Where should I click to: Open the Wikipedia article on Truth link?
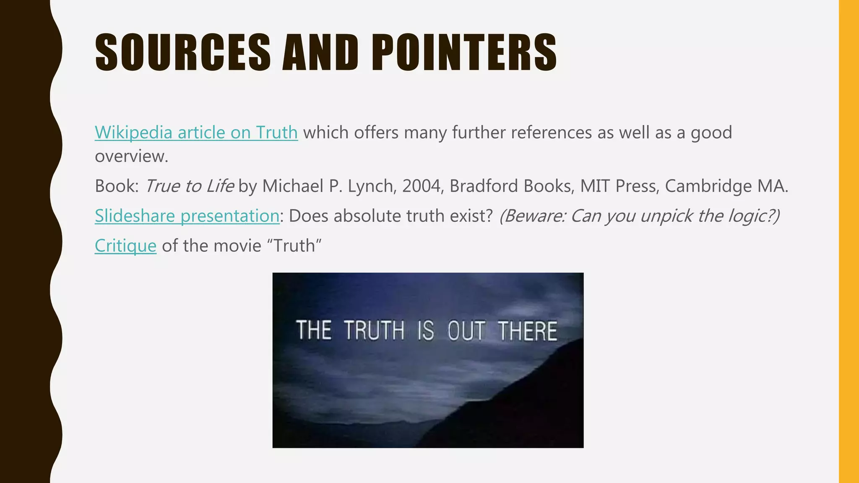click(x=196, y=132)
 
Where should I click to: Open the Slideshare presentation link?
click(x=187, y=216)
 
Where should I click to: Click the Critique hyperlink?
click(x=125, y=246)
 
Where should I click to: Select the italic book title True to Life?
click(x=189, y=186)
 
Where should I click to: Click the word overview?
click(x=131, y=156)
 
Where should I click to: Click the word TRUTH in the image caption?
click(x=375, y=330)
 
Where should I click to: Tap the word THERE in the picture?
click(x=528, y=330)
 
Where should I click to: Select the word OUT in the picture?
click(x=466, y=330)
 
